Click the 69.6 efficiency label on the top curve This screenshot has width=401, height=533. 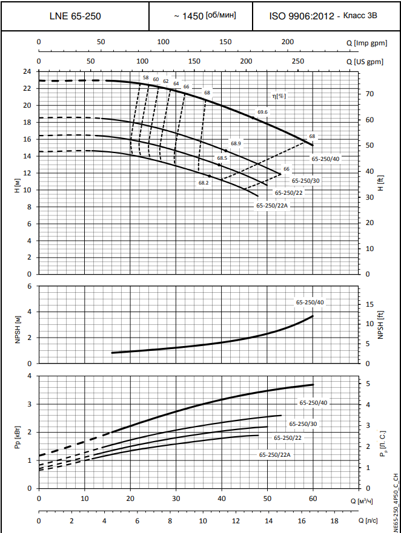(262, 112)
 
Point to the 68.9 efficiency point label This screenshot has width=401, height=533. (236, 143)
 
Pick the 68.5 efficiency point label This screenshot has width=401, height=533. (222, 158)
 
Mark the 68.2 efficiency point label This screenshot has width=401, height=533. (204, 182)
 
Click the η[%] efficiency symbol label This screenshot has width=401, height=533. (279, 96)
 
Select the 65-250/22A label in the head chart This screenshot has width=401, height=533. (271, 206)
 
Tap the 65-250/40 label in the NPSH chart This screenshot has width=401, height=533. (310, 302)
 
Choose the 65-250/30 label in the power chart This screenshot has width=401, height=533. (303, 424)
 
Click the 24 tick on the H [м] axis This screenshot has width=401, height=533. (27, 71)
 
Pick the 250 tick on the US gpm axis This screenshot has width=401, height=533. (297, 62)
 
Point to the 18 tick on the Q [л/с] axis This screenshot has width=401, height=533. (334, 520)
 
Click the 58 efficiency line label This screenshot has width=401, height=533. (145, 78)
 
